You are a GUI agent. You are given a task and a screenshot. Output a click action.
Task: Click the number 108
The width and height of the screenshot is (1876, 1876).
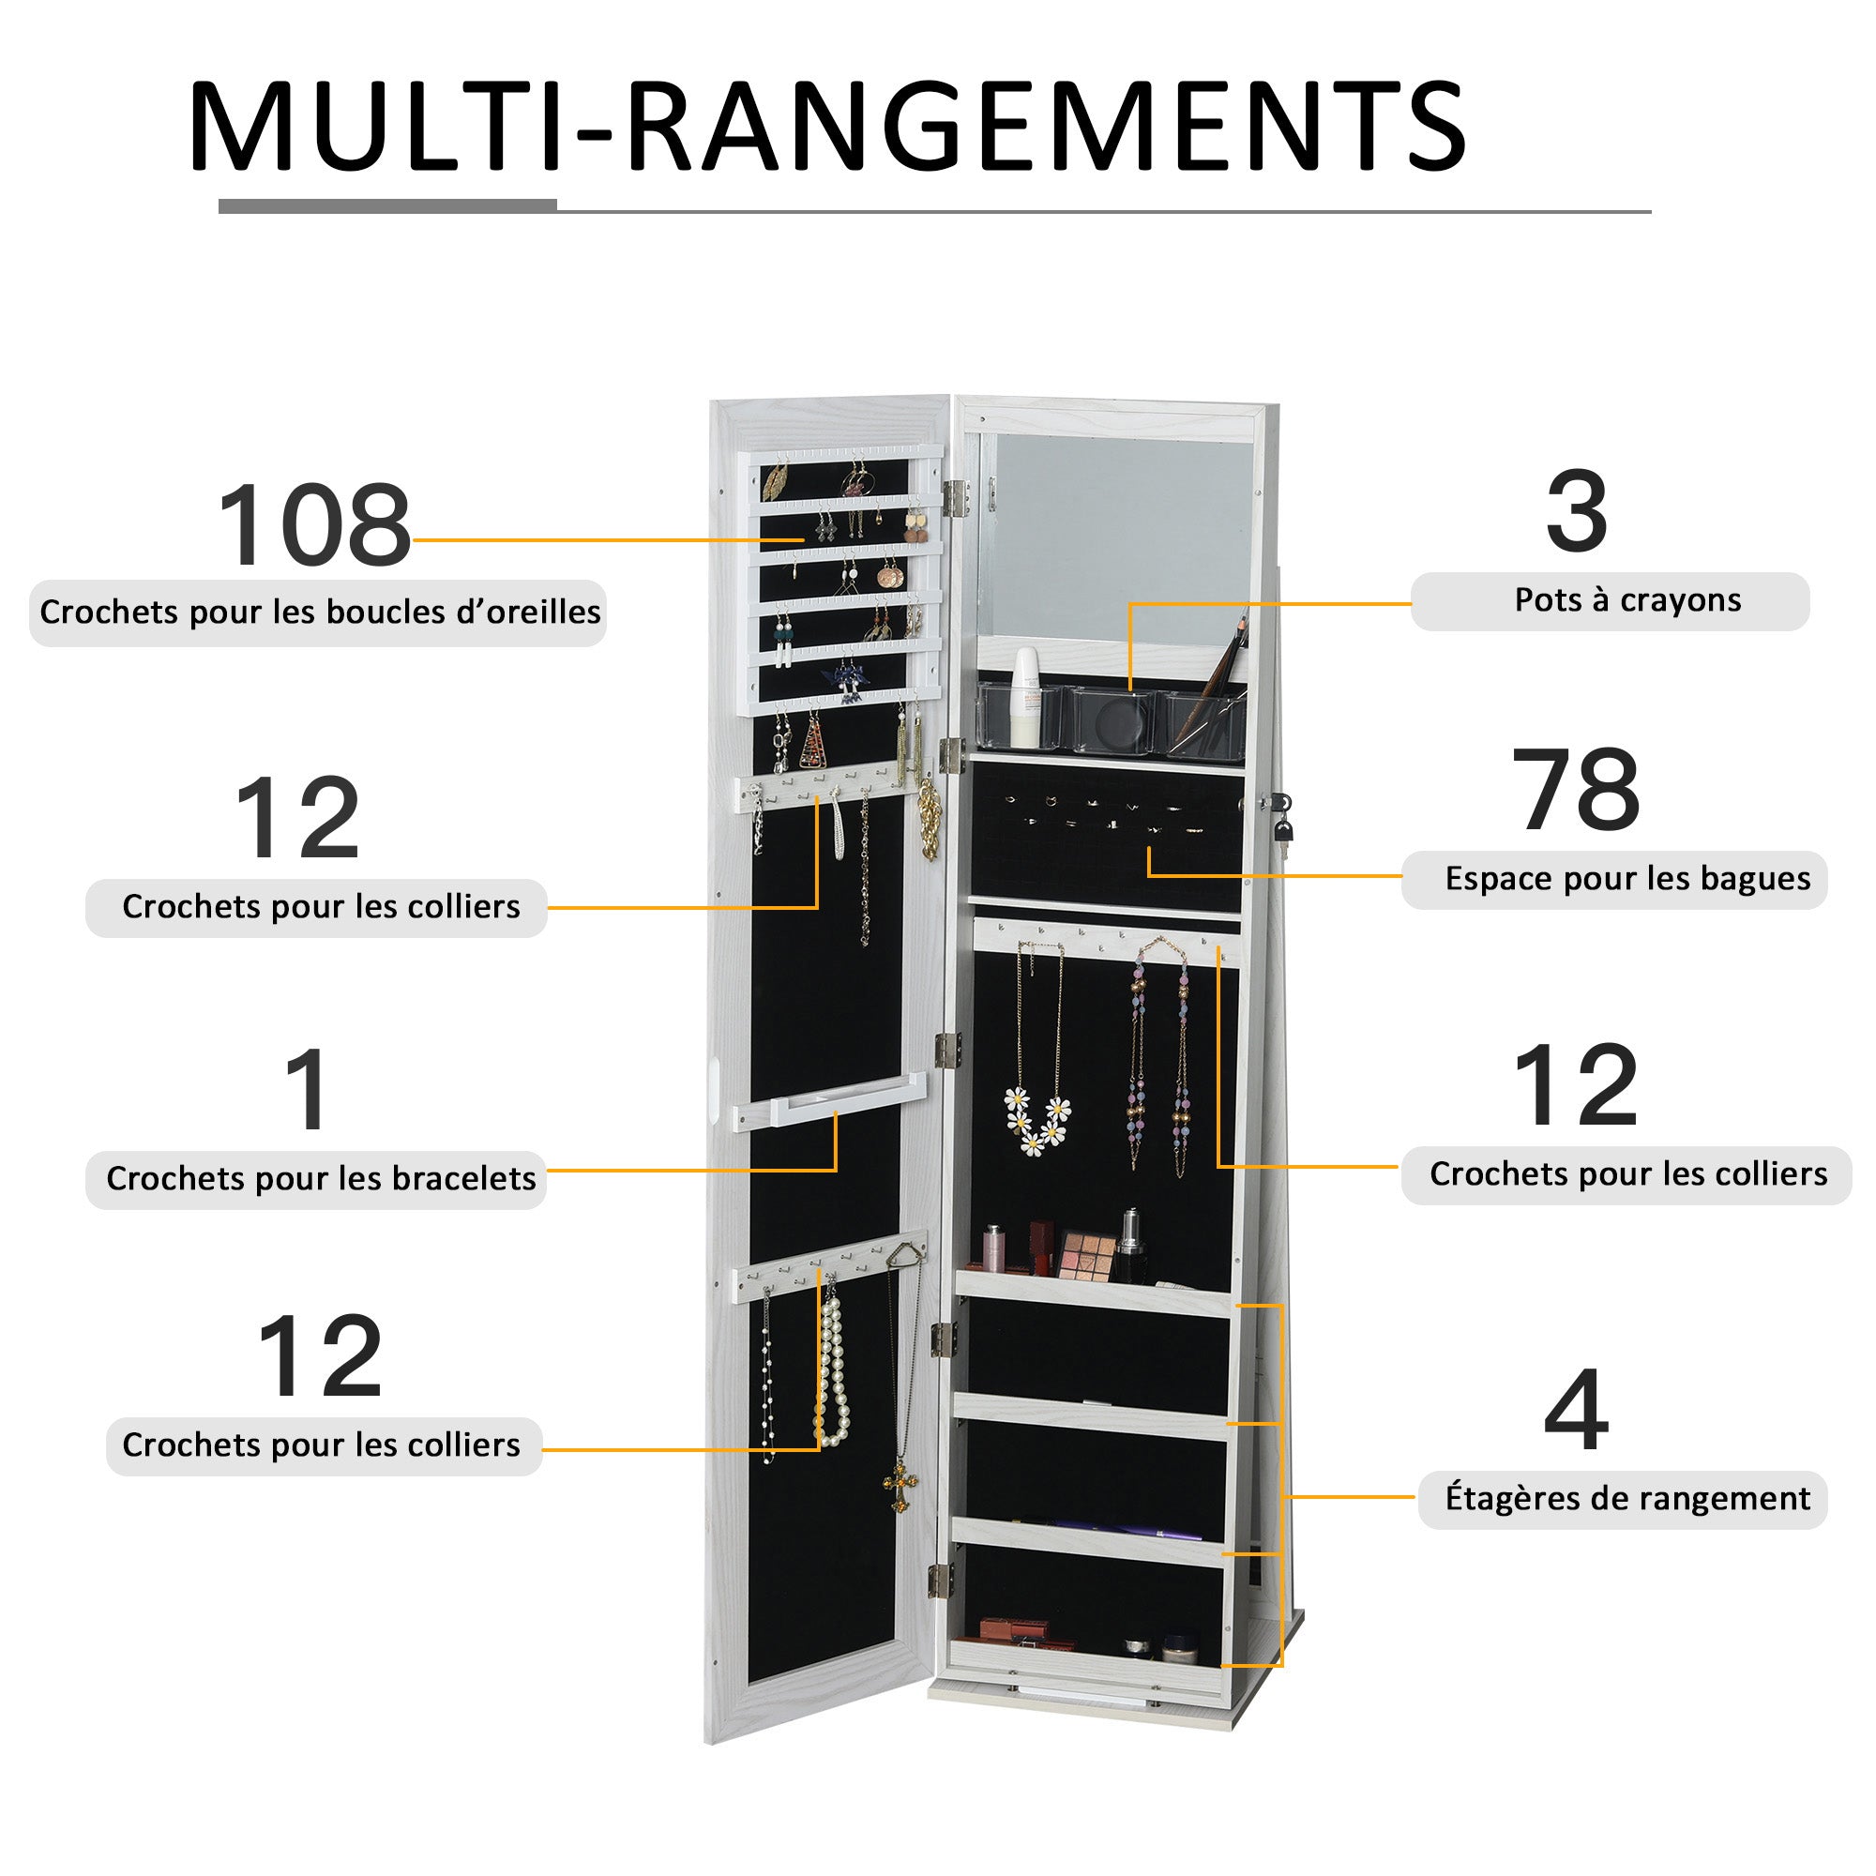pos(313,525)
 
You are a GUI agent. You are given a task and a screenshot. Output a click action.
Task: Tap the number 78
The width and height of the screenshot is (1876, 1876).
pos(1575,791)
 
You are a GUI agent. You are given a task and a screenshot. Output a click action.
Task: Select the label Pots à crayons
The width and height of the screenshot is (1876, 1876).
pos(1627,601)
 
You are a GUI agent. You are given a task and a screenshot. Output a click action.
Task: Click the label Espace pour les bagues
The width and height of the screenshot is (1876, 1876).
pos(1627,880)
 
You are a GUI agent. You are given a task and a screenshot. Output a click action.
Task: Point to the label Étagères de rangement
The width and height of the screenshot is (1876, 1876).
pos(1627,1498)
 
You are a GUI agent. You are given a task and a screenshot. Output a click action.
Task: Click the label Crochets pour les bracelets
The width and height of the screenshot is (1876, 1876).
pos(321,1179)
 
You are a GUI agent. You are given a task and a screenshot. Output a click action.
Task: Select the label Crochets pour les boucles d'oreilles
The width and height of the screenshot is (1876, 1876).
pos(320,613)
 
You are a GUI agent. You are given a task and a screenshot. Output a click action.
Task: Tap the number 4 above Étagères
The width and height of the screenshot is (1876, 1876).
pos(1575,1409)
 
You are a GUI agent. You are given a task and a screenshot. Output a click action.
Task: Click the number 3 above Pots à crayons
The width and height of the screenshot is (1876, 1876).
pos(1576,512)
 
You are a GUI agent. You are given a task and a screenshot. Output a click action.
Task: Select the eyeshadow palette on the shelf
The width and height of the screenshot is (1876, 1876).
pos(1084,1256)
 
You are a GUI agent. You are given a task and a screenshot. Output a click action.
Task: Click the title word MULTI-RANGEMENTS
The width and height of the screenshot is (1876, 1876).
pos(826,129)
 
